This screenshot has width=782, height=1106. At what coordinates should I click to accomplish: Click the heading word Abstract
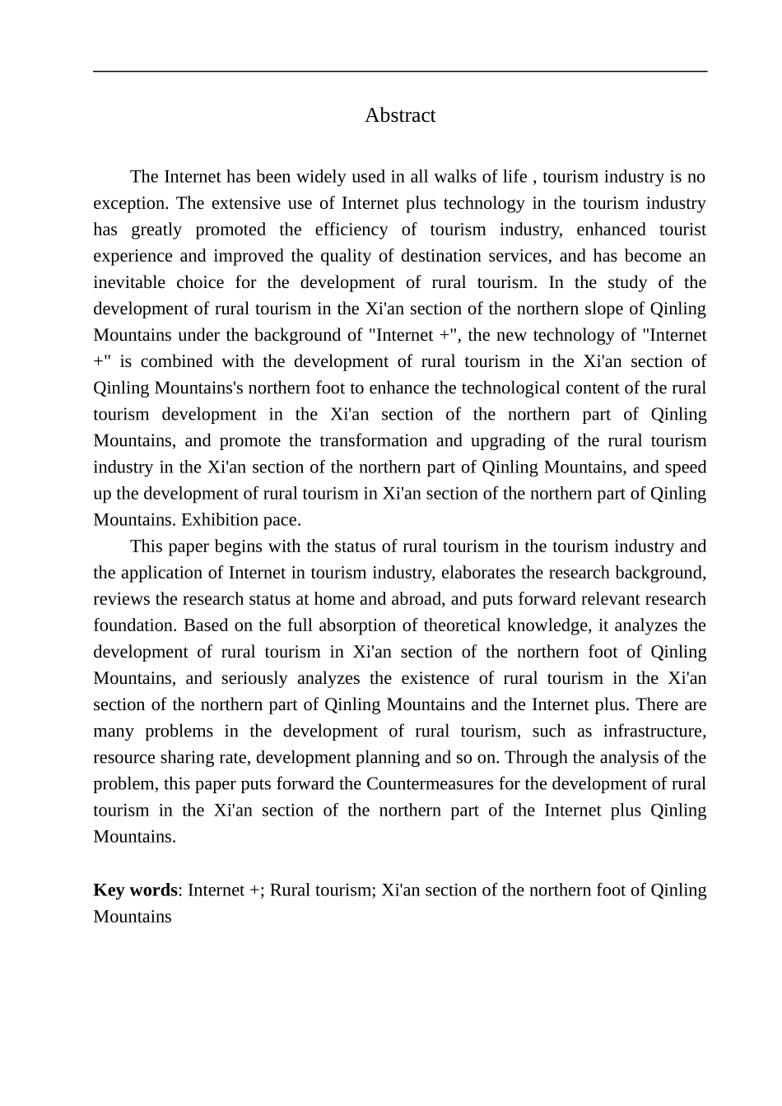tap(400, 115)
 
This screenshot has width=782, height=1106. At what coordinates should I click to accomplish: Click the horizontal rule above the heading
tap(400, 72)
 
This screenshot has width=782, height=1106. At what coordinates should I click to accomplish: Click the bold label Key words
tap(135, 890)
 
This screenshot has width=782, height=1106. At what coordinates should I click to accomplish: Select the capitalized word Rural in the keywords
tap(289, 890)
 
